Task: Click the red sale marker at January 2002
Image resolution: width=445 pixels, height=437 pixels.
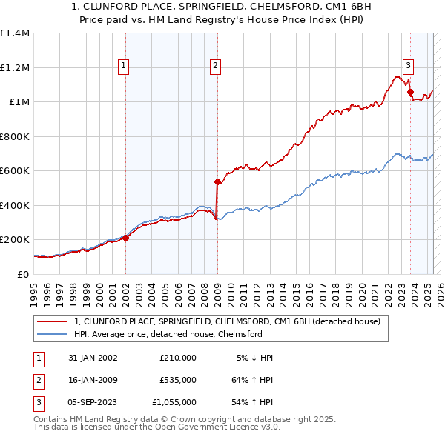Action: coord(125,238)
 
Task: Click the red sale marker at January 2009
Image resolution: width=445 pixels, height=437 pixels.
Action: coord(217,181)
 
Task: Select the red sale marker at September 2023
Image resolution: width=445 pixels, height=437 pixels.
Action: coord(410,93)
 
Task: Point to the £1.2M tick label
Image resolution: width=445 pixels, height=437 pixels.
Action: coord(15,67)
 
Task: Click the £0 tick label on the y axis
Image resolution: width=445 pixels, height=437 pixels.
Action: coord(23,274)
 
